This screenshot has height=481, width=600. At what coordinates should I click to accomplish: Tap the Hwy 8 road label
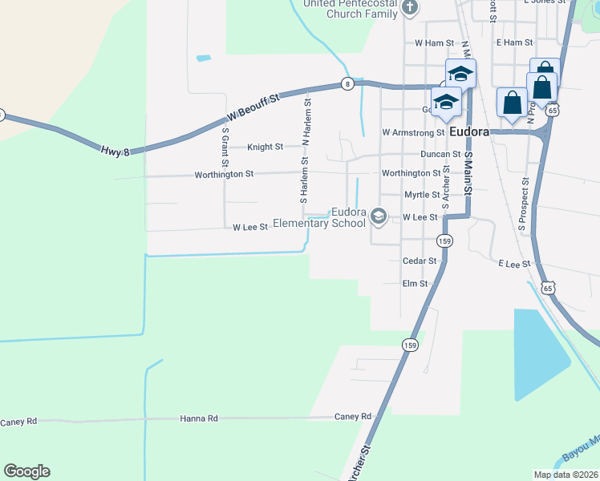pos(116,150)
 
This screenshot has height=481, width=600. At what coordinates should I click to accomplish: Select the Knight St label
pos(265,147)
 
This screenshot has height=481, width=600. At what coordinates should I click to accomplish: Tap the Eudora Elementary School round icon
pos(379,216)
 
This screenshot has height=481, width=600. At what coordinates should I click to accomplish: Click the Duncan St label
pos(440,154)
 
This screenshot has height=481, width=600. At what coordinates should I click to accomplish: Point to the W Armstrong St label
pos(413,132)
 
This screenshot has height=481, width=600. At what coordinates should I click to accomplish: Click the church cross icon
pos(410,9)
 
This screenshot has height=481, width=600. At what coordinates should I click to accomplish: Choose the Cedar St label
pos(420,261)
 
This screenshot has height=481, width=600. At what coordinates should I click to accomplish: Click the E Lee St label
pos(514,263)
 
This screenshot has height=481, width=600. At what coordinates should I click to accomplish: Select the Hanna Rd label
pos(199,418)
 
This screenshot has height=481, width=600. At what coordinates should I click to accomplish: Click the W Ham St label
pos(428,42)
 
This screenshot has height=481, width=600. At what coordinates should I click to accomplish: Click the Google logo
pos(26,471)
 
